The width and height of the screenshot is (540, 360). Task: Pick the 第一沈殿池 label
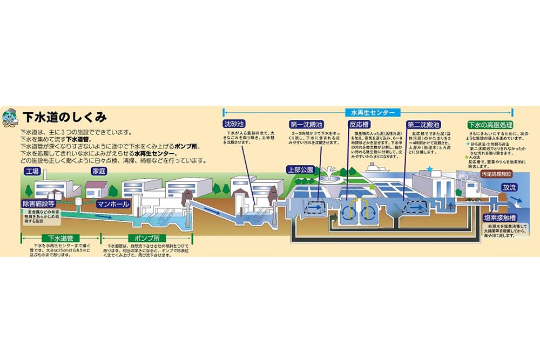[x=307, y=124]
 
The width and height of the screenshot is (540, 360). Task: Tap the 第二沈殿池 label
[x=423, y=124]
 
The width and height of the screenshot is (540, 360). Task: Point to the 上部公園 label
[x=299, y=169]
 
